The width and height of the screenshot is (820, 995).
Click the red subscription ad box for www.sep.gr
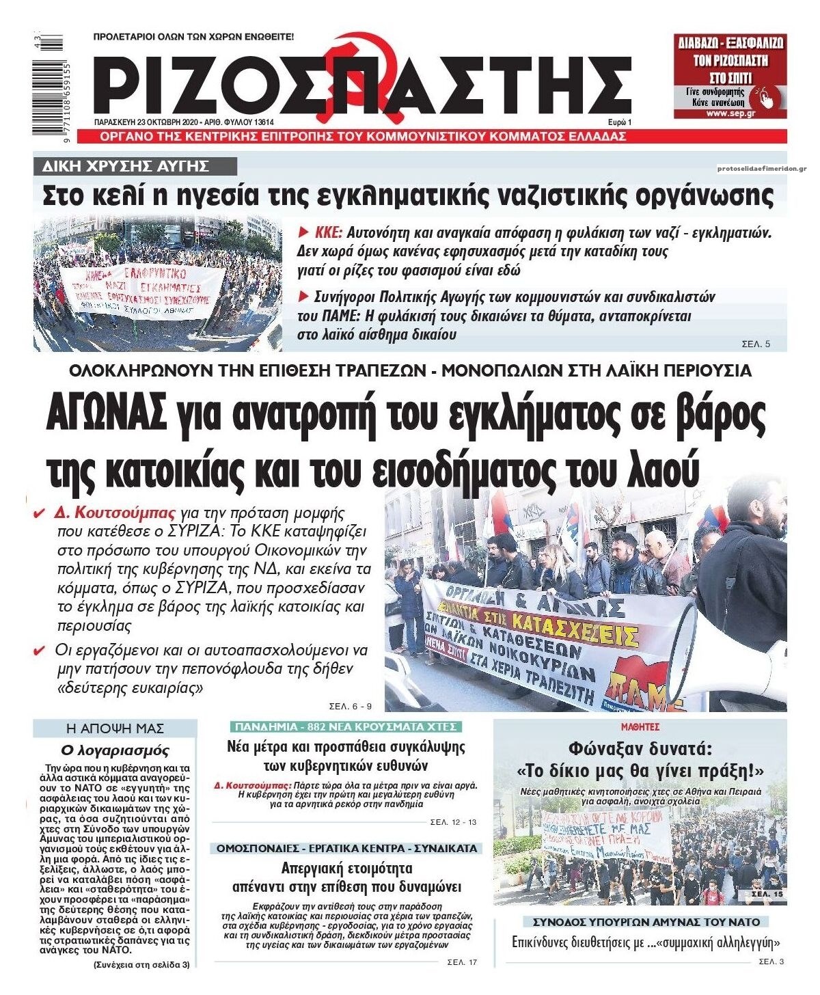[729, 76]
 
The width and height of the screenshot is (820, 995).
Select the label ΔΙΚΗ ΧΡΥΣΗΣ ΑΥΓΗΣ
[135, 167]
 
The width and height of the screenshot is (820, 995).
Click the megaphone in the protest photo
[724, 646]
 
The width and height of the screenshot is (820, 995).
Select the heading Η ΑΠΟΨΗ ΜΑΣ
[115, 728]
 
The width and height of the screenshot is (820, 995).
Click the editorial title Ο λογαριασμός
[115, 750]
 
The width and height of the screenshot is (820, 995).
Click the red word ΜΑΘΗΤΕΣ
[640, 727]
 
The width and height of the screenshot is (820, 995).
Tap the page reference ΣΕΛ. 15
[767, 894]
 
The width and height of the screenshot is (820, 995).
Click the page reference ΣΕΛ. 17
[462, 962]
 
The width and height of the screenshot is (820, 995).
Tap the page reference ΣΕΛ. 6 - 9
[348, 705]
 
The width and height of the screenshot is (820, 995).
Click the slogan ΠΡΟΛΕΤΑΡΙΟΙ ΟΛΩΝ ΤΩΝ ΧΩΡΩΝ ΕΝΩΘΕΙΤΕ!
[193, 36]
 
